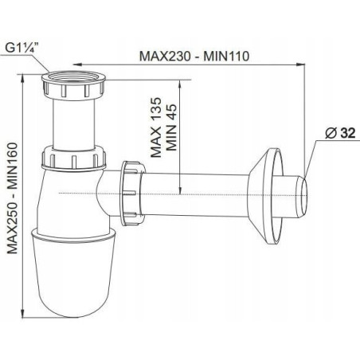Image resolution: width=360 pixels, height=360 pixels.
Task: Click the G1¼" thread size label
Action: click(x=22, y=49)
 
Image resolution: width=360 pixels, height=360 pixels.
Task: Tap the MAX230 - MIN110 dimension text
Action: click(x=194, y=57)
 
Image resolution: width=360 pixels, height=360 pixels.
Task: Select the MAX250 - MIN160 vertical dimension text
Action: click(x=13, y=198)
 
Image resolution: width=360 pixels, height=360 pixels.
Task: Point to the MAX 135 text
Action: click(x=156, y=127)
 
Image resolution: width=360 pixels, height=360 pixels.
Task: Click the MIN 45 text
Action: click(x=171, y=127)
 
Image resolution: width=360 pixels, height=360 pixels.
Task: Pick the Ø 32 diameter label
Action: click(x=340, y=133)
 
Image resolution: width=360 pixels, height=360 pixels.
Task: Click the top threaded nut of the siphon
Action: click(x=73, y=85)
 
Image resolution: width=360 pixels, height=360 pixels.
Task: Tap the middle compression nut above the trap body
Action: click(x=73, y=158)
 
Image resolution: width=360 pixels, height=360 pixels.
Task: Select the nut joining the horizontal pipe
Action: click(x=133, y=194)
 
